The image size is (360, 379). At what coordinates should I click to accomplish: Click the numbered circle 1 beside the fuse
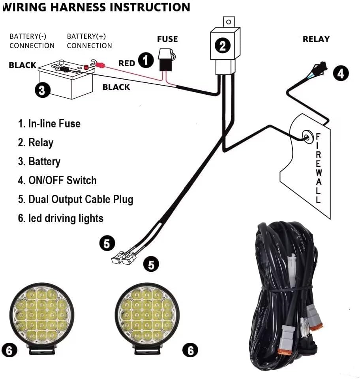pyautogui.click(x=146, y=61)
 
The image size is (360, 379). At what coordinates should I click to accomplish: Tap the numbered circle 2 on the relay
pyautogui.click(x=223, y=46)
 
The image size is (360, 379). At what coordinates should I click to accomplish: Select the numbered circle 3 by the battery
pyautogui.click(x=42, y=91)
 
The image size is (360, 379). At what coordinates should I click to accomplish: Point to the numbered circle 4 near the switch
pyautogui.click(x=341, y=73)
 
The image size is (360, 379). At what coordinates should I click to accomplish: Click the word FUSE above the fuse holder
pyautogui.click(x=167, y=39)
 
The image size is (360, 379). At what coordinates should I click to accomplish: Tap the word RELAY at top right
pyautogui.click(x=316, y=39)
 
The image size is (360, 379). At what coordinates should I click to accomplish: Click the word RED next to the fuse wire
pyautogui.click(x=127, y=63)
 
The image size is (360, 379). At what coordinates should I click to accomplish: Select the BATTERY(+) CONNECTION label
pyautogui.click(x=89, y=41)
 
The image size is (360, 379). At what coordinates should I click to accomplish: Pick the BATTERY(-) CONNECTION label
pyautogui.click(x=32, y=41)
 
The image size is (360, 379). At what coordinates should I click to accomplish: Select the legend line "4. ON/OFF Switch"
pyautogui.click(x=57, y=181)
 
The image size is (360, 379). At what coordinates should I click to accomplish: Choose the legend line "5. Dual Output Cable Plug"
pyautogui.click(x=75, y=199)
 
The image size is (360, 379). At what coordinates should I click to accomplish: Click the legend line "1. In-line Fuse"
pyautogui.click(x=49, y=123)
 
